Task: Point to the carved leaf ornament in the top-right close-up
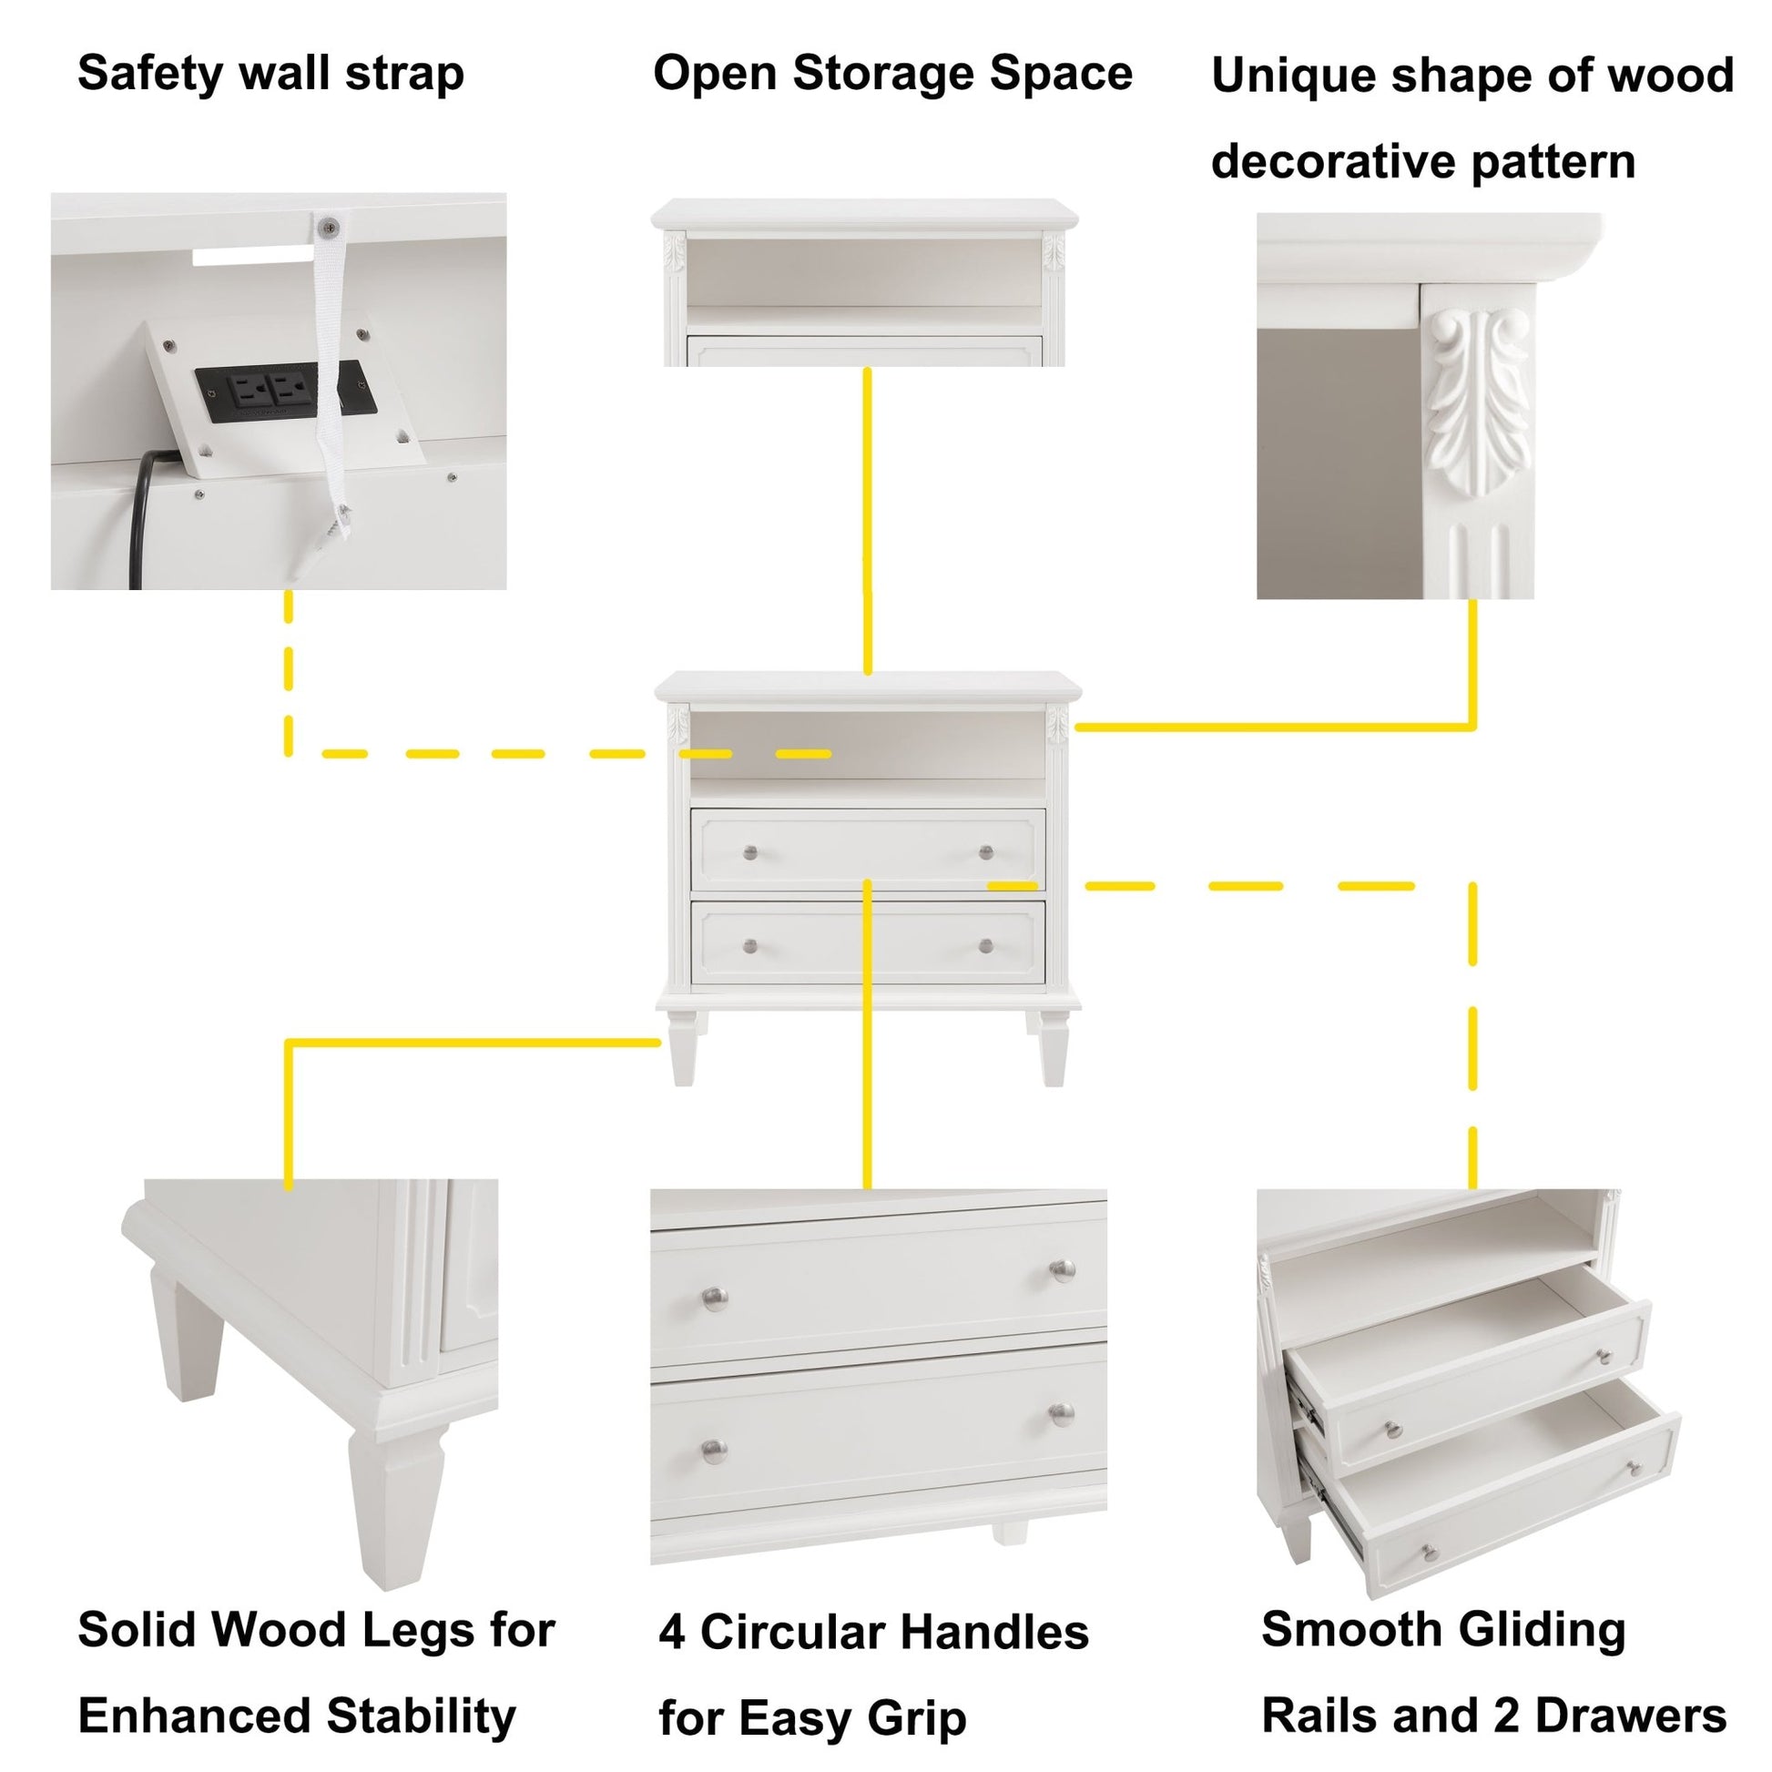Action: (x=1479, y=403)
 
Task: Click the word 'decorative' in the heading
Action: (x=1334, y=162)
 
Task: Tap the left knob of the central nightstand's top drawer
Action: (x=750, y=853)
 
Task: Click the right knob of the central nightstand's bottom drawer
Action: (x=986, y=945)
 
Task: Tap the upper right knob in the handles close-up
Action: (x=1062, y=1269)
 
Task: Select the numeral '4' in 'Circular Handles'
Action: (x=671, y=1633)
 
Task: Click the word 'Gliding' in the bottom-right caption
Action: (x=1541, y=1630)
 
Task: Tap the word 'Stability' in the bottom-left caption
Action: (x=421, y=1716)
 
